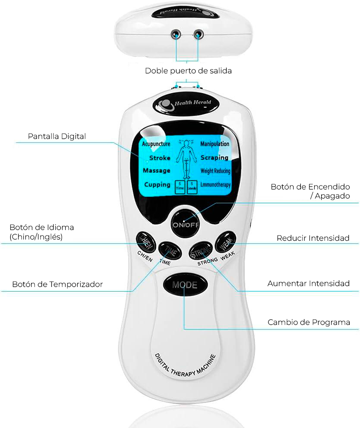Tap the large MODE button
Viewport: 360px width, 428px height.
[x=184, y=285]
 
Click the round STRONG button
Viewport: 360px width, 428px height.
[x=201, y=251]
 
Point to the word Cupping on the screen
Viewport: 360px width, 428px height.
[x=157, y=185]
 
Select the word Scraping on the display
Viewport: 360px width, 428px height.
[x=214, y=157]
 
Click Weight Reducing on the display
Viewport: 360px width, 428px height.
[x=215, y=171]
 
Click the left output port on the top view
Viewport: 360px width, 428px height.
[x=176, y=34]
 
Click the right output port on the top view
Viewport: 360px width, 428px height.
[x=199, y=34]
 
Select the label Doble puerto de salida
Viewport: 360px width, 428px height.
[x=188, y=71]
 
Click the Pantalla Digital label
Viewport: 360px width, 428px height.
[x=57, y=136]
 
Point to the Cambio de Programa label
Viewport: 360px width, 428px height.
[x=309, y=322]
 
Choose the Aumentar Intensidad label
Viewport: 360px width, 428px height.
[x=308, y=283]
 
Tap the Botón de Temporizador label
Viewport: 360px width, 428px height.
[x=57, y=284]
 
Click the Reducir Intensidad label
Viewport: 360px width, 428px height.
[x=313, y=238]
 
